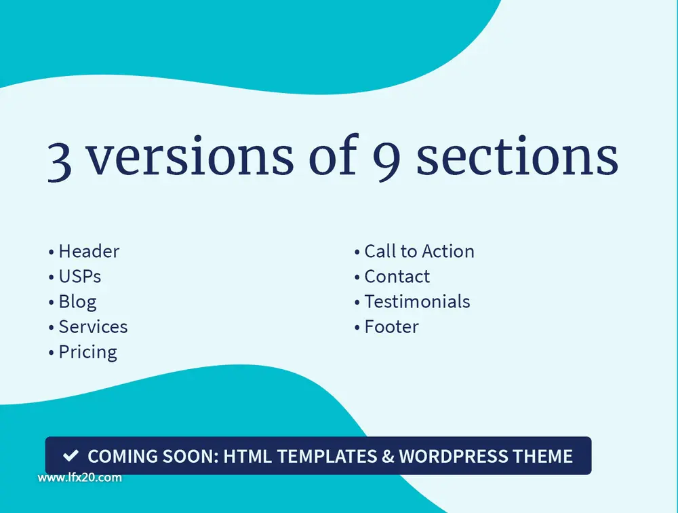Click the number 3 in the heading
(59, 161)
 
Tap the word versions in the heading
(191, 155)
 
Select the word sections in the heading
(517, 155)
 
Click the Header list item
(84, 251)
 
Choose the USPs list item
(75, 276)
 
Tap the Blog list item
(73, 302)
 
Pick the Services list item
(87, 326)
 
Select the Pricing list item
(83, 352)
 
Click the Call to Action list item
(414, 251)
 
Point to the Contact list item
(392, 276)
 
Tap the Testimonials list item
(412, 301)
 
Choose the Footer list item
(386, 326)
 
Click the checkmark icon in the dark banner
(71, 455)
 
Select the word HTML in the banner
(247, 456)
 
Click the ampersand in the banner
(388, 456)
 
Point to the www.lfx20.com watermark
(79, 478)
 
